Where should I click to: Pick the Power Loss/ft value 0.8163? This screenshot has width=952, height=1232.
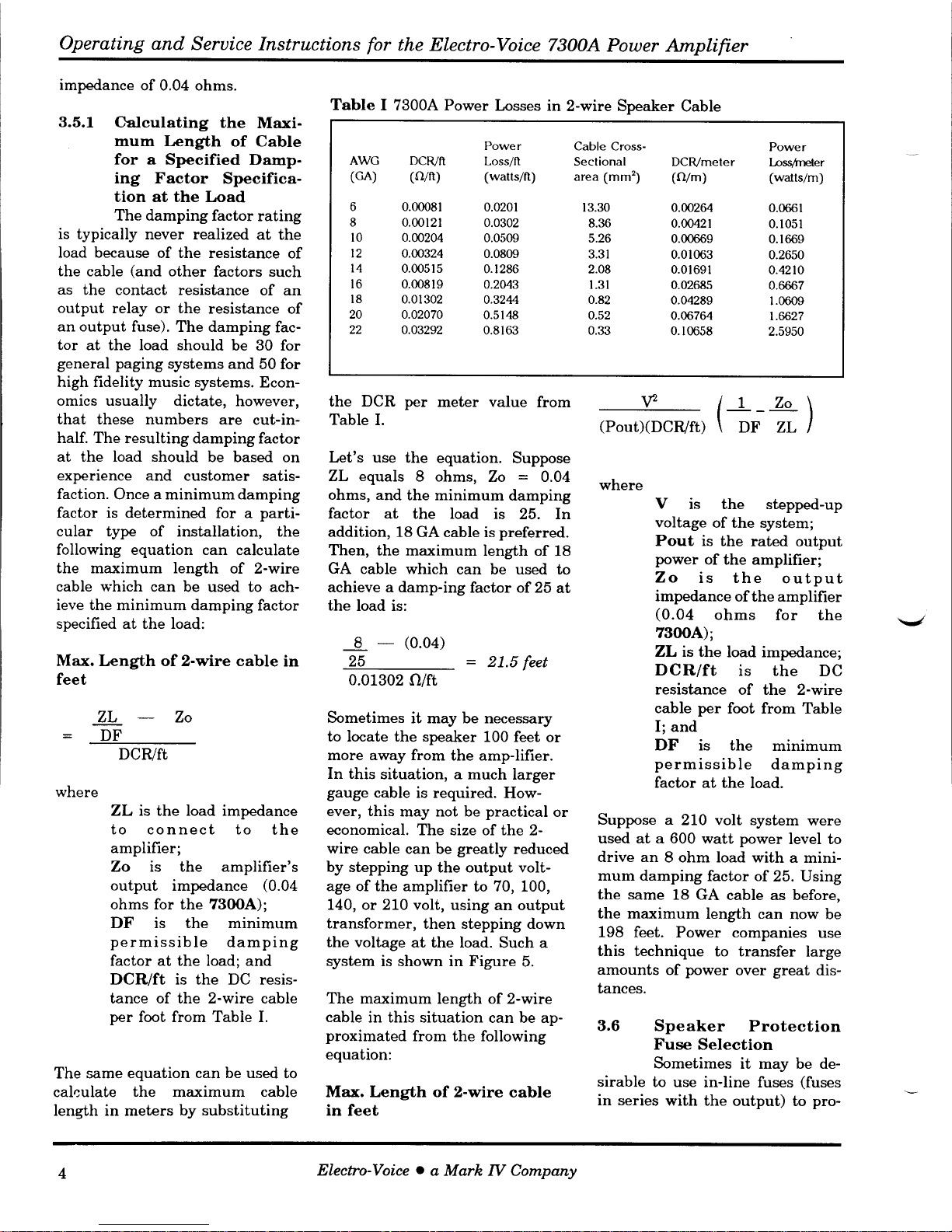coord(500,330)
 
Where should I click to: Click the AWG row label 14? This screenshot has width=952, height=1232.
coord(355,270)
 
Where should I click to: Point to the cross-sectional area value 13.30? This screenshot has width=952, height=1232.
coord(596,208)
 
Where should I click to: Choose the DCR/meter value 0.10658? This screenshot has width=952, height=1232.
coord(692,330)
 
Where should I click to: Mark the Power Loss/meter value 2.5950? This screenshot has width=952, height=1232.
coord(786,330)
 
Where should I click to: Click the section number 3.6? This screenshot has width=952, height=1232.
coord(609,1027)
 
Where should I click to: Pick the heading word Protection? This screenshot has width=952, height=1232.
coord(794,1027)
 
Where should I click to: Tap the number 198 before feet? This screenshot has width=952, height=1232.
coord(611,933)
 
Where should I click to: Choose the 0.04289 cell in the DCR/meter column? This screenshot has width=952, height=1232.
coord(692,300)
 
